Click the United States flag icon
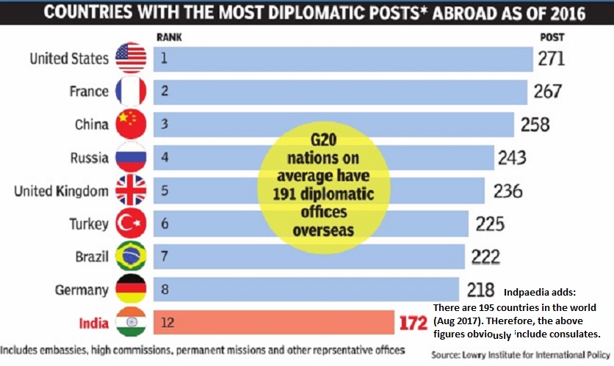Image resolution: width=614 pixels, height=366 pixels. pyautogui.click(x=131, y=59)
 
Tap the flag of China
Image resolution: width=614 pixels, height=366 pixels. pyautogui.click(x=131, y=125)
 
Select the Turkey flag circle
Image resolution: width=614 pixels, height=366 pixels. pyautogui.click(x=131, y=224)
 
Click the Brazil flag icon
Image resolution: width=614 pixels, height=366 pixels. pyautogui.click(x=131, y=257)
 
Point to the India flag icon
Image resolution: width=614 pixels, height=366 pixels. pyautogui.click(x=131, y=323)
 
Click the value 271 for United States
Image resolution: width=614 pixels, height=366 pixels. pyautogui.click(x=551, y=59)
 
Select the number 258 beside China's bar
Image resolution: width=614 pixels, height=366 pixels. pyautogui.click(x=534, y=125)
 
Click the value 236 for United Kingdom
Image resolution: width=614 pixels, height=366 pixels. pyautogui.click(x=508, y=191)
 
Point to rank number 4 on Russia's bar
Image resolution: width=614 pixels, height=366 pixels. pyautogui.click(x=165, y=158)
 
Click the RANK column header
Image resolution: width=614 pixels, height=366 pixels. pyautogui.click(x=169, y=36)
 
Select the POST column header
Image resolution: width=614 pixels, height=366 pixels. pyautogui.click(x=552, y=36)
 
